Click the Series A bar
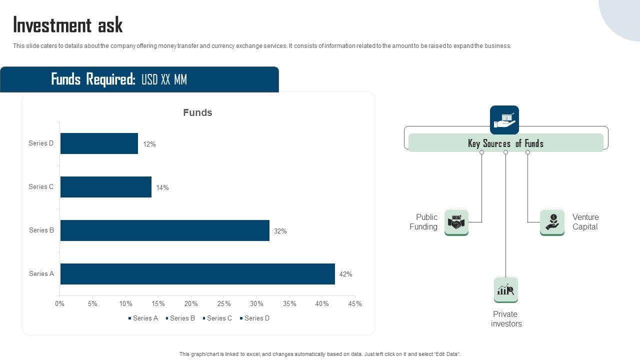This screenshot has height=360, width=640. [x=197, y=274]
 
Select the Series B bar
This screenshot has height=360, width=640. [x=165, y=230]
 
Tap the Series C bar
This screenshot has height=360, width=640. [x=106, y=187]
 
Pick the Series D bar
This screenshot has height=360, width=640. [x=99, y=143]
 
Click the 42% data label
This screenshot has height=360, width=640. [x=345, y=274]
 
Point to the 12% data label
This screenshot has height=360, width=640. [x=149, y=144]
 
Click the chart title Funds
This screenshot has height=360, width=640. [x=197, y=112]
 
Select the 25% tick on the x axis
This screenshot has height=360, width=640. [x=224, y=303]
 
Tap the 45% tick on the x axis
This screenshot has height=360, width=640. [x=355, y=303]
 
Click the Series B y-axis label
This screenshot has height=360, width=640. [x=41, y=230]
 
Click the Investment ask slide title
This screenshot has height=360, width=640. [x=68, y=24]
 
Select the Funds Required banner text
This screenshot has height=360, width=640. [x=119, y=79]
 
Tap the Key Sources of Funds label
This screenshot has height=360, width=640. [x=505, y=143]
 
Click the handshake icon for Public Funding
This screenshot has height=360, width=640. [x=456, y=222]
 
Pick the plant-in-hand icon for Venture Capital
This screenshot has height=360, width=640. [x=552, y=222]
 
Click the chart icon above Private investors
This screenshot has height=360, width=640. [x=505, y=290]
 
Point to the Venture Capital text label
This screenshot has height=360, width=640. [x=585, y=222]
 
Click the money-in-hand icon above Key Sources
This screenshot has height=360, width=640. [x=504, y=120]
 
